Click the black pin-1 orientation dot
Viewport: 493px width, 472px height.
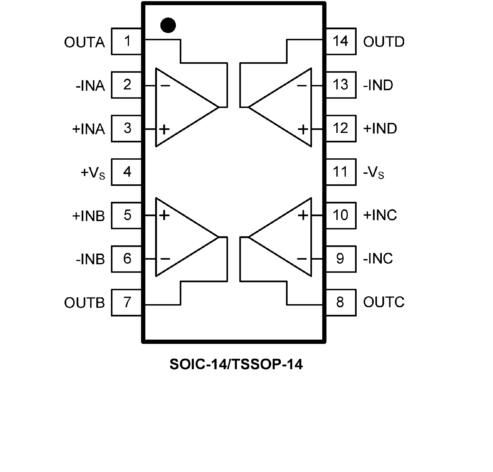point(168,25)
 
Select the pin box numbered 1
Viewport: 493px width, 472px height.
point(127,41)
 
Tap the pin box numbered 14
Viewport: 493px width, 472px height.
point(340,41)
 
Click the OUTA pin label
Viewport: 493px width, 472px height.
point(84,42)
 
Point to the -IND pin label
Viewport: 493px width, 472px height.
point(378,85)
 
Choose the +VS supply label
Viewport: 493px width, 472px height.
point(93,173)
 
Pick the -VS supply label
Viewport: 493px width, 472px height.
point(374,173)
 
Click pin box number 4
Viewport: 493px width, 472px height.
point(127,172)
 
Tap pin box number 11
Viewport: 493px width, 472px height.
point(340,172)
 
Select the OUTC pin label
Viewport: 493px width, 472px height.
point(384,302)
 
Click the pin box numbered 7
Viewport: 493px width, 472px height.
point(127,303)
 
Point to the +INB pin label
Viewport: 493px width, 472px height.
point(89,216)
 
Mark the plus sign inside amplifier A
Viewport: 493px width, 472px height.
point(165,129)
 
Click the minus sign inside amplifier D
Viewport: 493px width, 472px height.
point(302,86)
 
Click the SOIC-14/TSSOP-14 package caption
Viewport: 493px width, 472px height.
point(236,364)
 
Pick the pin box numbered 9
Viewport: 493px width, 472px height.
point(340,259)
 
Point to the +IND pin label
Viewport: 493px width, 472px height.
point(380,129)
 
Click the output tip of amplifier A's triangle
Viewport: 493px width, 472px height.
point(218,107)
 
